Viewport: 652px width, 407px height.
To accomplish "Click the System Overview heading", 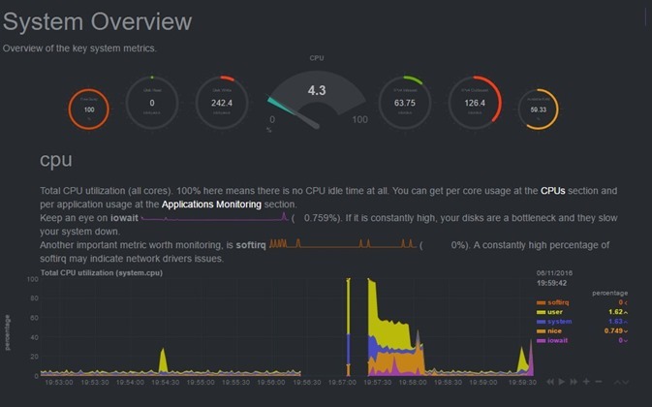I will click(x=97, y=22).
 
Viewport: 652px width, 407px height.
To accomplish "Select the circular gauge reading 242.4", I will click(x=221, y=103).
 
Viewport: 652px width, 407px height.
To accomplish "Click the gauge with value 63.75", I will click(x=404, y=103).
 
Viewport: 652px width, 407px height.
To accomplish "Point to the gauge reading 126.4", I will click(x=474, y=103).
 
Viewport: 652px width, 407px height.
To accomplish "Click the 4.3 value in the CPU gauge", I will click(x=317, y=90).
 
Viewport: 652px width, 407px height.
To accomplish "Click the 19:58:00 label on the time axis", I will click(x=412, y=383).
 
